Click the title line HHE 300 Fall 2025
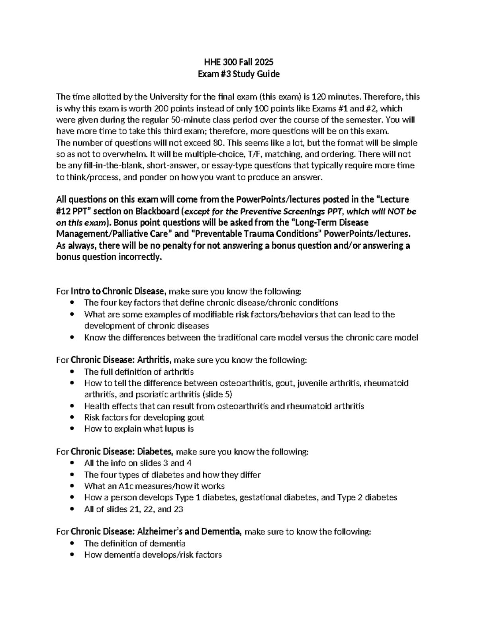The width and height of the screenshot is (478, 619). (x=239, y=62)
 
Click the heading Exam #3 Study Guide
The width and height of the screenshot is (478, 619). (x=239, y=74)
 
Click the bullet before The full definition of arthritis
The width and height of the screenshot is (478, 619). (x=72, y=372)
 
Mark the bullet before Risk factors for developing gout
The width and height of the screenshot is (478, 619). (x=72, y=418)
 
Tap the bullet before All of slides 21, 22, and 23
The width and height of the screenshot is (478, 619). (x=72, y=509)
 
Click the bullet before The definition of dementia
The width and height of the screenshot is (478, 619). (x=72, y=544)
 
